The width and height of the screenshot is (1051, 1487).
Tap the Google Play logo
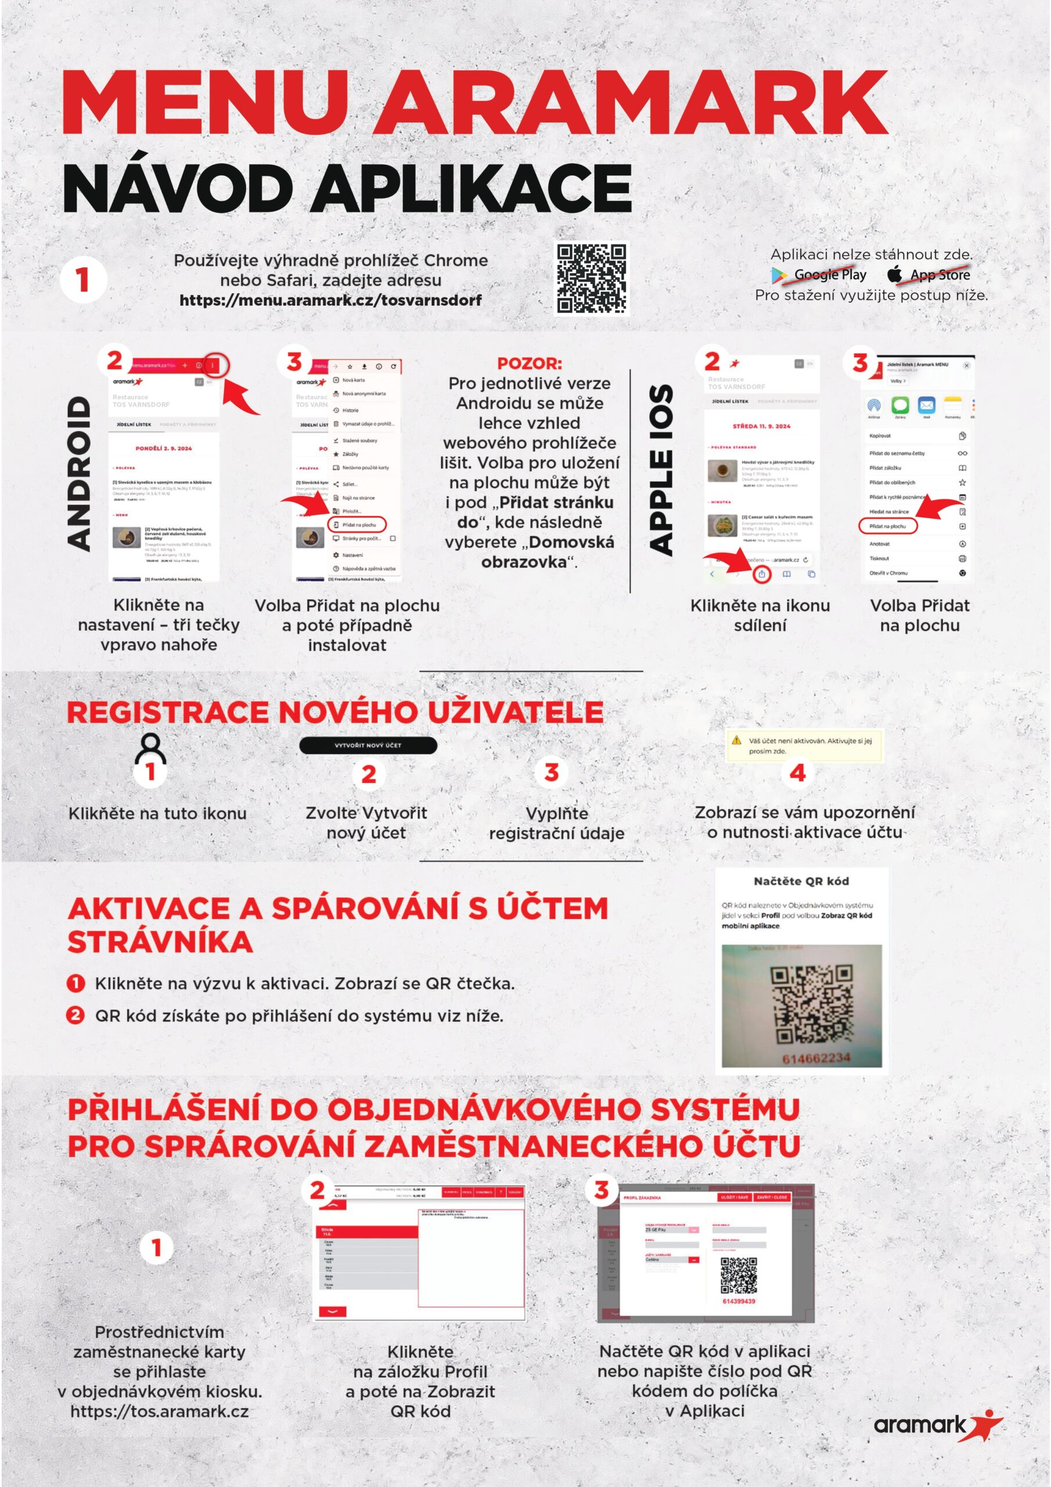point(779,275)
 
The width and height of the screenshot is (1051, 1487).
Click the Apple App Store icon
point(894,274)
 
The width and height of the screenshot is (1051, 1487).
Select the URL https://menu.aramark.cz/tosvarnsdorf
point(330,300)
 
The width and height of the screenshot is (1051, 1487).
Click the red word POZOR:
point(529,364)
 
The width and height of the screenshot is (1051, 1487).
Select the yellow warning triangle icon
point(736,740)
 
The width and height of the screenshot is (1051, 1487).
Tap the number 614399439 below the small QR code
point(738,1301)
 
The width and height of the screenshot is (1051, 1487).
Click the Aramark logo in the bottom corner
point(938,1425)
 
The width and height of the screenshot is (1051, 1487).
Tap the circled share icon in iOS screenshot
point(762,574)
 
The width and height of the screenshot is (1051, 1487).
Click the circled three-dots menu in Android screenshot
point(214,366)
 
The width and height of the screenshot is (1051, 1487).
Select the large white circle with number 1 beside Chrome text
point(83,281)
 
